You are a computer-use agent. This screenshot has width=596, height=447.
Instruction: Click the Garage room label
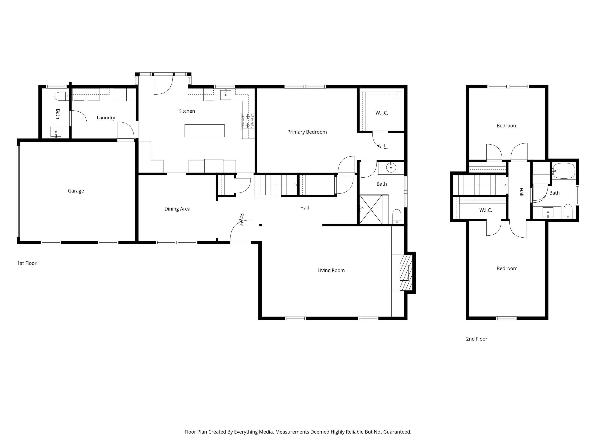point(76,191)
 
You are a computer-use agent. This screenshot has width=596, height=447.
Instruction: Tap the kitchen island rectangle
point(204,131)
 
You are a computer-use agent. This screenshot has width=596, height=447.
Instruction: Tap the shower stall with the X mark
point(371,209)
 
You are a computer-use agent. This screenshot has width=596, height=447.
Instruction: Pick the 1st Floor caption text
point(27,263)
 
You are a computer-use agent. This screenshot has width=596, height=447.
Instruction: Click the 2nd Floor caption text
point(476,339)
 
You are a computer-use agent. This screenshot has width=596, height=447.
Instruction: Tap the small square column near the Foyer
point(260,225)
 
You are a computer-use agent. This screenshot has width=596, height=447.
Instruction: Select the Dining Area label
point(177,209)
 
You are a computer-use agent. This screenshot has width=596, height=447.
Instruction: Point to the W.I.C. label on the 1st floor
point(381,113)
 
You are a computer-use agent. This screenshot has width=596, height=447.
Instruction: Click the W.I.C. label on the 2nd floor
point(486,210)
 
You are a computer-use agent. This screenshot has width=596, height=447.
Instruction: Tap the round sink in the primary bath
point(391,168)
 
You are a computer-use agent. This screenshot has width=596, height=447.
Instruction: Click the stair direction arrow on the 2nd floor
point(504,185)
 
